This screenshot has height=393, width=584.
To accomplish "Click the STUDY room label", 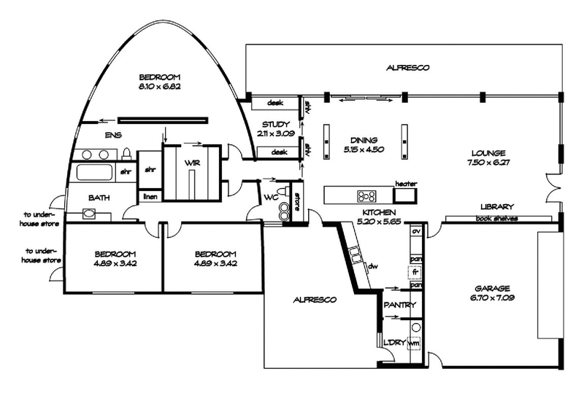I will point(275,124).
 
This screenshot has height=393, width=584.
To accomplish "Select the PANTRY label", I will point(399,306).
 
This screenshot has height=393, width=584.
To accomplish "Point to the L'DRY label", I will point(393,342).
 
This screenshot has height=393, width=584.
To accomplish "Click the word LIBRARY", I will point(498,207).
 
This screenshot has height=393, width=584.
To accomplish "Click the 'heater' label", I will point(404,184).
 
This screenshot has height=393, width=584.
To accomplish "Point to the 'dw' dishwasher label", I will point(372,266).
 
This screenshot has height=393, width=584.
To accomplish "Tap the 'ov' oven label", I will point(416,232).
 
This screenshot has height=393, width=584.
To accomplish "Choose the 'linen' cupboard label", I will point(150,197).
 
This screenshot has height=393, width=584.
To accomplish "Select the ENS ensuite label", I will point(113,135).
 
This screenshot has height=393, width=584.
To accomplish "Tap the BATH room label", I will point(100,198).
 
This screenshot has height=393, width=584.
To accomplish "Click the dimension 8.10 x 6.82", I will point(159,86).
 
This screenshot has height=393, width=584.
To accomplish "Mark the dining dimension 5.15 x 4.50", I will point(363,149).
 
